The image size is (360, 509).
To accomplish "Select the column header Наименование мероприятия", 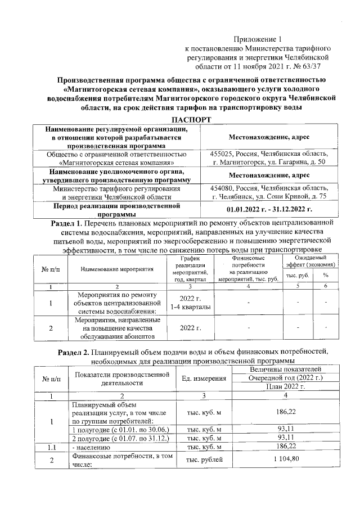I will click(117, 269).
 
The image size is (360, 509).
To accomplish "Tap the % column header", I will click(325, 275).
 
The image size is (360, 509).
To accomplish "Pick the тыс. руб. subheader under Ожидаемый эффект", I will click(296, 275).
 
